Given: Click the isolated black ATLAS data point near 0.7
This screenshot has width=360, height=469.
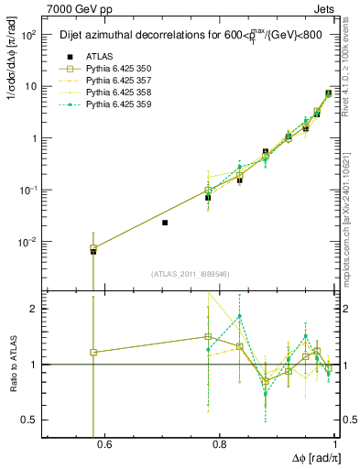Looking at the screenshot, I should [165, 223].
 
